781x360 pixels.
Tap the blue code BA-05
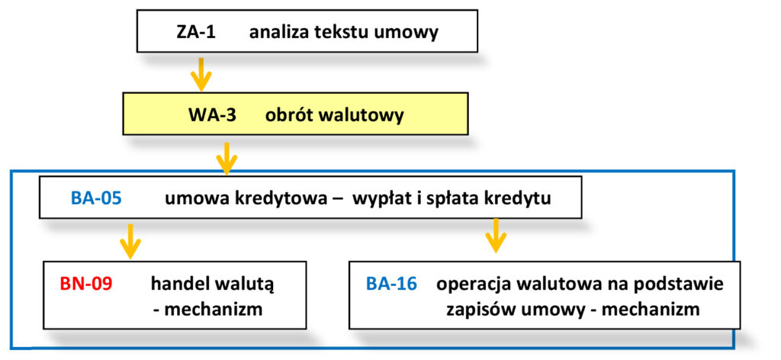pos(96,199)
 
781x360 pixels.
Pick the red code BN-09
pos(85,284)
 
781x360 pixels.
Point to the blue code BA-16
pos(391,284)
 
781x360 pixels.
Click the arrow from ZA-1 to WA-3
pos(200,72)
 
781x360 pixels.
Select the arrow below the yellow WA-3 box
pos(227,156)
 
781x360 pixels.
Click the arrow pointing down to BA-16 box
pos(497,235)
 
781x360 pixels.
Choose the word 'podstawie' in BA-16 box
pos(681,284)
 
